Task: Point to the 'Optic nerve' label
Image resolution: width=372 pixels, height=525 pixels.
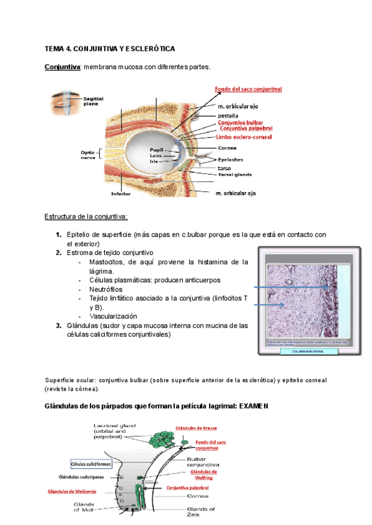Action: coord(89,155)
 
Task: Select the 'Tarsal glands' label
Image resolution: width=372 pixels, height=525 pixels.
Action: coord(234,175)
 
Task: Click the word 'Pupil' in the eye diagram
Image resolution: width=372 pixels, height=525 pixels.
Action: coord(156,150)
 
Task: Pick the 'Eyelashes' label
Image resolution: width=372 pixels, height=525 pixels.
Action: coord(231,159)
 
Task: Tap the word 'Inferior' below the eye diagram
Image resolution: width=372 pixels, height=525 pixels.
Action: coord(121,193)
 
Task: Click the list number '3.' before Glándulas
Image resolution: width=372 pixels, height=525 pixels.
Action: coord(58,325)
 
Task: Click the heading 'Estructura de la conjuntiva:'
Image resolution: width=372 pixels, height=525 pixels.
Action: coord(86,217)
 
